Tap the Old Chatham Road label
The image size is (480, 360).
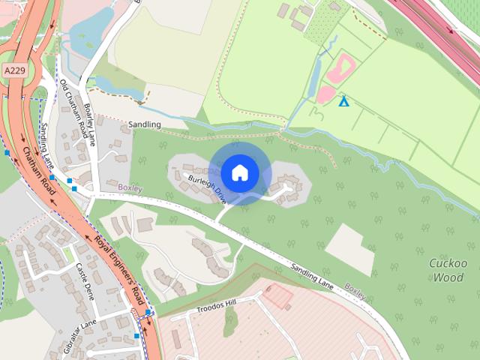pos(74,103)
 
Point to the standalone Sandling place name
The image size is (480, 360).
pos(145,124)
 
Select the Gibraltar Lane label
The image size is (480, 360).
pos(79,328)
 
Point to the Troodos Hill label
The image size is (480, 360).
pos(215,306)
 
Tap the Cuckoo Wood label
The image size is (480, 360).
pos(448,270)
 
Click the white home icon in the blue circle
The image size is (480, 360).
pos(240,173)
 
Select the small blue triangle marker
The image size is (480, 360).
pos(343,100)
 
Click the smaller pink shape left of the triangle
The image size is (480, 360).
pos(325,94)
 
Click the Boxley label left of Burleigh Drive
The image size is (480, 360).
pos(130,187)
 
